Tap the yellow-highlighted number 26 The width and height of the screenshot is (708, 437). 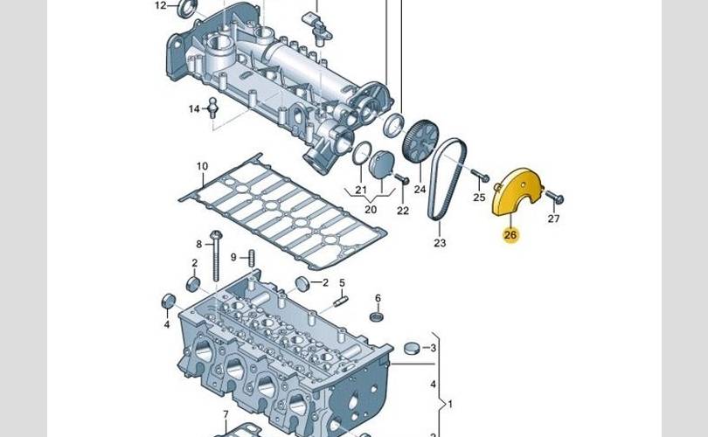(x=510, y=234)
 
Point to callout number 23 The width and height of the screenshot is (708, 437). (x=440, y=243)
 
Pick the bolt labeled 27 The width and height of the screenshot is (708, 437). (x=557, y=198)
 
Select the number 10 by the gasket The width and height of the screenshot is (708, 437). (x=202, y=166)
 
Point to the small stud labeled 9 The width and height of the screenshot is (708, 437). (x=251, y=257)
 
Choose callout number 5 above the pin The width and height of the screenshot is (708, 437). (x=343, y=282)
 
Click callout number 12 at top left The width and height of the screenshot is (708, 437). (x=160, y=5)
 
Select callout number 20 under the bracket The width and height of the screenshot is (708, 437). (x=370, y=210)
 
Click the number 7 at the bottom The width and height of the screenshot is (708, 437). (x=225, y=414)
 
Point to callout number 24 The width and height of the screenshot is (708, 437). (x=420, y=189)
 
